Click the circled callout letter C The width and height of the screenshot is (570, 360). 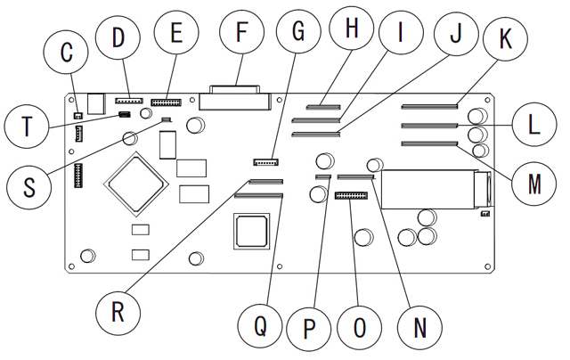pos(66,53)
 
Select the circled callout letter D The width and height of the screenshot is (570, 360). pos(118,39)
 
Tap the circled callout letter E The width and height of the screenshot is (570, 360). pos(175,34)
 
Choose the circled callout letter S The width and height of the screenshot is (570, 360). pos(27,188)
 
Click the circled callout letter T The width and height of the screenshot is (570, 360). pos(27,127)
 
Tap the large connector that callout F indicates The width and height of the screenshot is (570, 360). pos(236,96)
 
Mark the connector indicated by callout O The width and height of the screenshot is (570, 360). pos(353,193)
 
